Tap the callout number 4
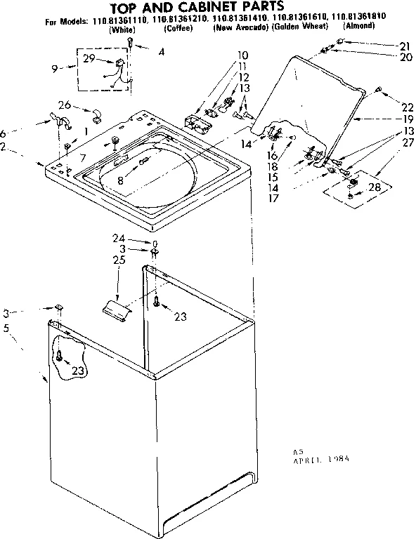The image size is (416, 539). (162, 51)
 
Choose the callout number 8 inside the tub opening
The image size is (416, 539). (122, 180)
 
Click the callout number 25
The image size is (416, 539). (119, 260)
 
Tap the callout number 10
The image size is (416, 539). (242, 55)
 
